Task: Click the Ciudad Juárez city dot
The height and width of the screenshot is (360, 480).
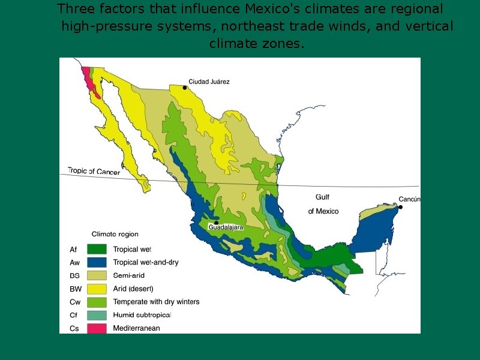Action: coord(185,88)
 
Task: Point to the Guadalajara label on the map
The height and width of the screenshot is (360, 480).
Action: coord(226,227)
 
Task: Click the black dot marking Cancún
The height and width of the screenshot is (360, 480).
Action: coord(400,207)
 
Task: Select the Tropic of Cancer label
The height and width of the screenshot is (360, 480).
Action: coord(94,172)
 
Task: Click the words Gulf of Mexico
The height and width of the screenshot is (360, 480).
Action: coord(323,204)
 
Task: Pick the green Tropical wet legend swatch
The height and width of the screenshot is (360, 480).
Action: coord(97,249)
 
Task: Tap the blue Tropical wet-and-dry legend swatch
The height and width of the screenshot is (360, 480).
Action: coord(97,262)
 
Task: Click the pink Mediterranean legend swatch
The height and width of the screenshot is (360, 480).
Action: coord(97,328)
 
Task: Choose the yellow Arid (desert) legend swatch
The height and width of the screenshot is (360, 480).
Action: coord(97,289)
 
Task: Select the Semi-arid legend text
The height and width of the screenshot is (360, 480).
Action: coord(129,275)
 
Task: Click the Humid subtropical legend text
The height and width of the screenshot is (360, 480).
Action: coord(142,315)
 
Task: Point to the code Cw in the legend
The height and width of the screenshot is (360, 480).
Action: coord(74,302)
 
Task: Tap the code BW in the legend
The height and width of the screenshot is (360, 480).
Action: coord(74,289)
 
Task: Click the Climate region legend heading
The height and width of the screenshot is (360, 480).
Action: coord(115,234)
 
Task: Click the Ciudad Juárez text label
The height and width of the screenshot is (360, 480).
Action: coord(209,82)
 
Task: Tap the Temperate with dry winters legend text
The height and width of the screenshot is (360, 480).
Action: coord(156,302)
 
